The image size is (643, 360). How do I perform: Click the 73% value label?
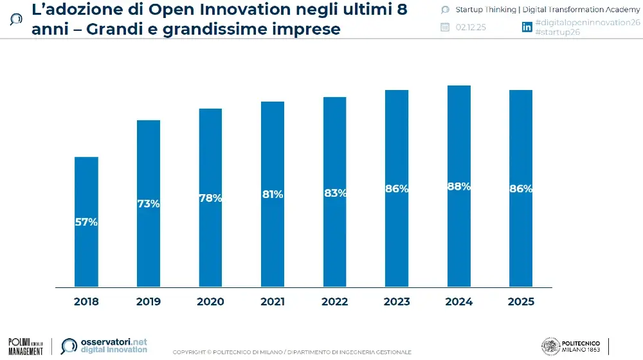coord(149,204)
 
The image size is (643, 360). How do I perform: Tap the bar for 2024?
coord(459,244)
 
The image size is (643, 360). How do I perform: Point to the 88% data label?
coord(459,186)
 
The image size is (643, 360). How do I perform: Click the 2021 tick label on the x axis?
coord(273,301)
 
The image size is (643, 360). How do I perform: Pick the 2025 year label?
coord(521,301)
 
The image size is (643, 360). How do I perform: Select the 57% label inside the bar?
coord(86,222)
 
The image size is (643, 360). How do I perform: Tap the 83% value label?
coord(335,193)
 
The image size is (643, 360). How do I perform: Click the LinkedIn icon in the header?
coord(527,27)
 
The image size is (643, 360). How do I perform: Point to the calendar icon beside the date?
coord(444,27)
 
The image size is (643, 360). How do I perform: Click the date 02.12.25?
coord(471,27)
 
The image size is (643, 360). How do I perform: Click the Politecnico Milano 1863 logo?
coord(572,346)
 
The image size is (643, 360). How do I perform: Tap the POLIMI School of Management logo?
coord(26,346)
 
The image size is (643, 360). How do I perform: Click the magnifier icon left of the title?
coord(16,19)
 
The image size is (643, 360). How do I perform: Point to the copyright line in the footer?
coord(292,352)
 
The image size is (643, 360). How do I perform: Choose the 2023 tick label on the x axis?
coord(397,301)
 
